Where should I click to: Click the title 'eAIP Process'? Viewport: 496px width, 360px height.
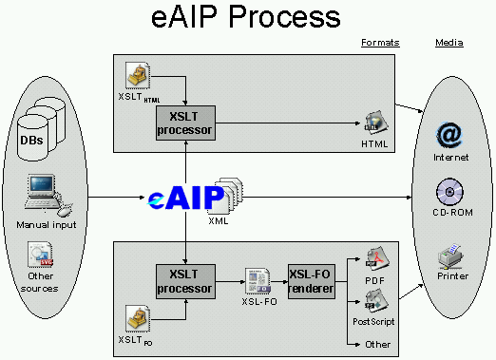pyautogui.click(x=246, y=17)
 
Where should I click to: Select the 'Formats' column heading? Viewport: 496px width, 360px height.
pyautogui.click(x=380, y=43)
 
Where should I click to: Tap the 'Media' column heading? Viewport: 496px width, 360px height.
pyautogui.click(x=448, y=43)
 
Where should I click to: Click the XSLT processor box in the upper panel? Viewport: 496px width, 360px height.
pyautogui.click(x=186, y=123)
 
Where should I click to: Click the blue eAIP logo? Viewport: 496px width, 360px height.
pyautogui.click(x=186, y=198)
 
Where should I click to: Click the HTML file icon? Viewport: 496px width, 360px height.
pyautogui.click(x=374, y=123)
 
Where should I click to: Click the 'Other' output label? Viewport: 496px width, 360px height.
pyautogui.click(x=377, y=344)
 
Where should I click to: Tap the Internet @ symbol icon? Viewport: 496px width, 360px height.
pyautogui.click(x=448, y=134)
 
